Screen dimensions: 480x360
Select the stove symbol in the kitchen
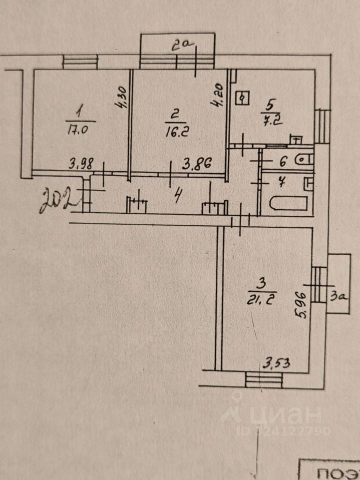coord(243,98)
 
